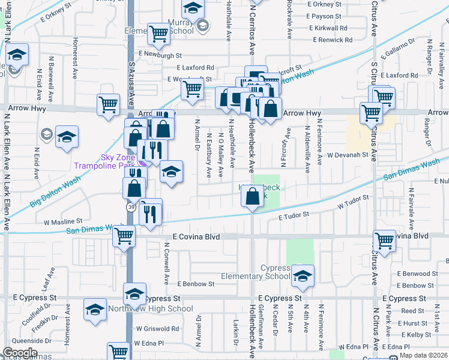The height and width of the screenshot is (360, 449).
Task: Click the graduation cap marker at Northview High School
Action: point(134,294)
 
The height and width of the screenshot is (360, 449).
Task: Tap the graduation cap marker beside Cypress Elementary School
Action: point(303,277)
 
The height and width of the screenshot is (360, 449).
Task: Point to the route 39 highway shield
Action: point(130,207)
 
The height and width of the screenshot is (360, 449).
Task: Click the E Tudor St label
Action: point(294,214)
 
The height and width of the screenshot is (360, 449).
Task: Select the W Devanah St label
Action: point(347,155)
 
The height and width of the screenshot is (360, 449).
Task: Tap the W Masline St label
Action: point(62,222)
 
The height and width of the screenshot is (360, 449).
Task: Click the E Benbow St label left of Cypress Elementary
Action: point(196,284)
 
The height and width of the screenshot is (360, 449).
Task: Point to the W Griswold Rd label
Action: point(157,329)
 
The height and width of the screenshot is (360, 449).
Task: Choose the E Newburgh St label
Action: point(159,55)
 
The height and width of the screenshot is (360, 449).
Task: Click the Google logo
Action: point(19,353)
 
